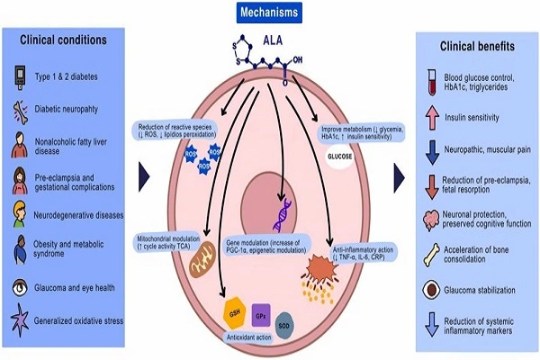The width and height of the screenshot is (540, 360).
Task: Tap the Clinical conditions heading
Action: click(65, 40)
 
